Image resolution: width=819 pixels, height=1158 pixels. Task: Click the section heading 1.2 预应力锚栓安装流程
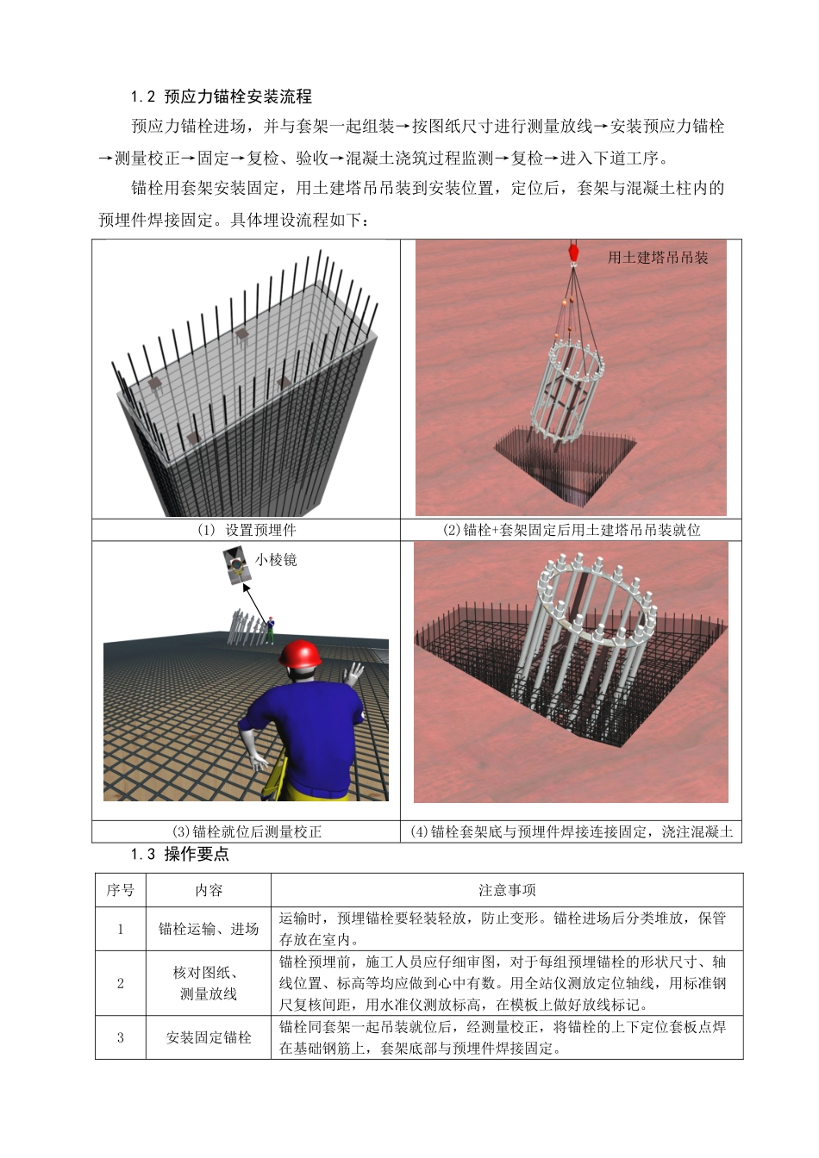221,96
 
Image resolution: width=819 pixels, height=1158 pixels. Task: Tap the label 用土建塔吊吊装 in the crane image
658,257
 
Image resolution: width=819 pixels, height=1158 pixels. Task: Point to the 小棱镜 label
276,559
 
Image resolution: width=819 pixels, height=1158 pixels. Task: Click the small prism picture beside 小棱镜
234,566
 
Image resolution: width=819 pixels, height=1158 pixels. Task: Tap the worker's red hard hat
300,654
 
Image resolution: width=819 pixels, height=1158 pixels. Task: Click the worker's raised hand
353,674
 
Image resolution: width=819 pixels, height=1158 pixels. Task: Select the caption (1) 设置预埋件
247,530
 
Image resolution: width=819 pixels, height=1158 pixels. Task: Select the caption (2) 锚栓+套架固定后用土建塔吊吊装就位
572,530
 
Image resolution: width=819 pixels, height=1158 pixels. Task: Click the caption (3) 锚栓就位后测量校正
247,831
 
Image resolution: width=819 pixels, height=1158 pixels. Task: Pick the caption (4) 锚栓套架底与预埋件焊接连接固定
572,831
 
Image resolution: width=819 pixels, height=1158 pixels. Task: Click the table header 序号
120,890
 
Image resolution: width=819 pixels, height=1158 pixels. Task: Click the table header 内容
209,890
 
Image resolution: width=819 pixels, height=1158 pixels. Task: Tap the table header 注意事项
507,890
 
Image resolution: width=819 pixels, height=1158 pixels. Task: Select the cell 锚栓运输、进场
209,929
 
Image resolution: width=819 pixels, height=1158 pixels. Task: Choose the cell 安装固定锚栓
209,1037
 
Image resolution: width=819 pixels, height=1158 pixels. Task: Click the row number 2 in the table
120,983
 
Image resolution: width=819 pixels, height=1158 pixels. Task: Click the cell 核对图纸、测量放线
209,983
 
